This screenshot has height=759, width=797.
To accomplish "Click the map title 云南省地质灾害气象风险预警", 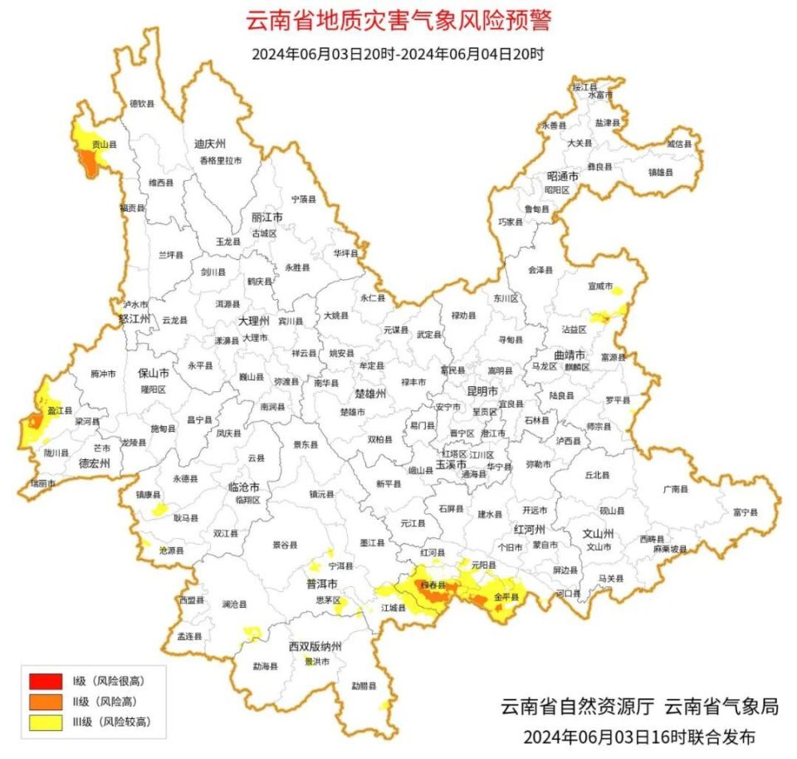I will (x=398, y=21).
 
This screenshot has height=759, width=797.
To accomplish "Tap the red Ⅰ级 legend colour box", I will (x=46, y=683).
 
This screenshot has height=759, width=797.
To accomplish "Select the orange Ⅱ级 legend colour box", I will (x=46, y=703).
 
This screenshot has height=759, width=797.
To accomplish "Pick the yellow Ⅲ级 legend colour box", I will (x=46, y=722).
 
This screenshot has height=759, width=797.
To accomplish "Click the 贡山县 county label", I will (x=104, y=144).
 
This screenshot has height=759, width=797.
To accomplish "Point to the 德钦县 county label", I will (x=142, y=104).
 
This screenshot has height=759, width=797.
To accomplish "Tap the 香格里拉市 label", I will (x=220, y=160).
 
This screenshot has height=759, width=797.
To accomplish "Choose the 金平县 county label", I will (x=506, y=597).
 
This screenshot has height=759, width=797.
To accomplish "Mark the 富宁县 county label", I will (x=745, y=513).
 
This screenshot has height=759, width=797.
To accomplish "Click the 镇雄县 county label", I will (x=661, y=172).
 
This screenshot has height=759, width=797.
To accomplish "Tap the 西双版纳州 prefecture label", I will (x=315, y=646).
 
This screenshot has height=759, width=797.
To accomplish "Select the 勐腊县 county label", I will (x=364, y=686).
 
